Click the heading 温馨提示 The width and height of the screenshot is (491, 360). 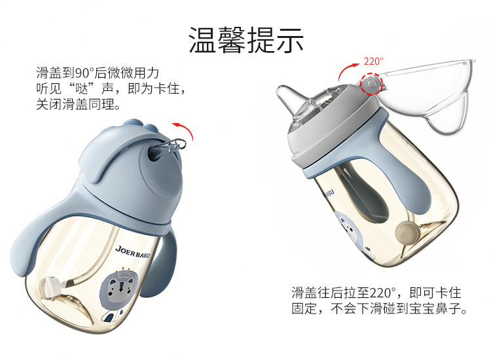point(246,40)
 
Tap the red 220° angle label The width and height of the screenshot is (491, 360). point(373,62)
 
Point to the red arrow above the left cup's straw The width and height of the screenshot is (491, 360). point(187,129)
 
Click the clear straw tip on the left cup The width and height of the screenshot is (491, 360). point(173,145)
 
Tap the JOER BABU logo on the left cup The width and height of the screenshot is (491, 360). point(133,252)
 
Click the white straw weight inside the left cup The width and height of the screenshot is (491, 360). point(52,287)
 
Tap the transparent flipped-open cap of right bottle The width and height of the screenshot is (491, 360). point(429,94)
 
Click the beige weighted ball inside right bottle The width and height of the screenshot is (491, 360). point(406,232)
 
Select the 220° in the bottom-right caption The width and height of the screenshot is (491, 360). point(383,293)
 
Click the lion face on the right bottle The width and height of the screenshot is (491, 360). point(348,230)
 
